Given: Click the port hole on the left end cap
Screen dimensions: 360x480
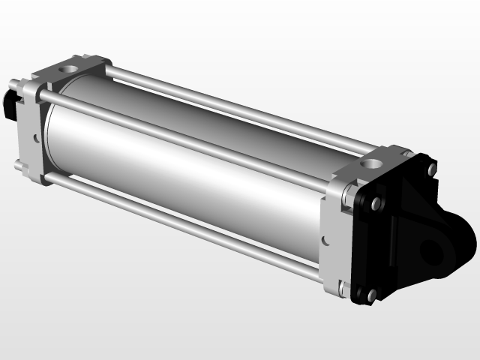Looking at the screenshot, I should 70,69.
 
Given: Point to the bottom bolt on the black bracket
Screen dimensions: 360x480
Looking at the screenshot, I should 370,295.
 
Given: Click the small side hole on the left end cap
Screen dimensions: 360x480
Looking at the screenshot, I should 34,137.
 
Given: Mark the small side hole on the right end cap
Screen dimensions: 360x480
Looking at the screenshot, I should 324,241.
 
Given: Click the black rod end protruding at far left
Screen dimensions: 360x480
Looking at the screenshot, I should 10,105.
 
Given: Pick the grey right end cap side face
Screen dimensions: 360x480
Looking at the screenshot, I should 336,240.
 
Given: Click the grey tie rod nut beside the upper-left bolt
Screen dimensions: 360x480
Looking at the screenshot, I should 349,198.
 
